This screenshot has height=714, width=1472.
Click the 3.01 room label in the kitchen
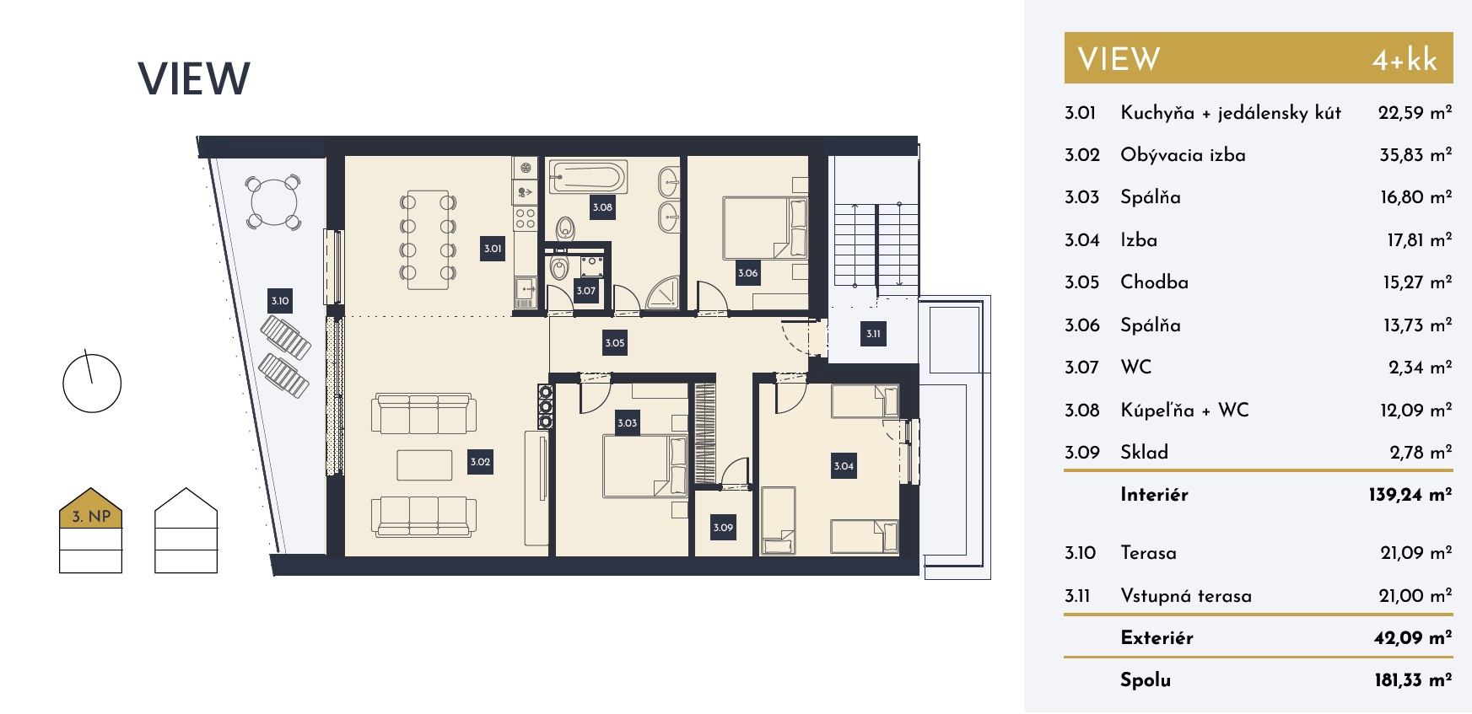(x=493, y=249)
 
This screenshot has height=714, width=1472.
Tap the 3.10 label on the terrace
(x=280, y=301)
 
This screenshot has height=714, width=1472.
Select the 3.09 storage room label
(x=723, y=528)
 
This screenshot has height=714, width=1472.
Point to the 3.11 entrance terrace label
(x=873, y=334)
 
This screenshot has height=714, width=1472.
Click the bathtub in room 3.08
(x=588, y=178)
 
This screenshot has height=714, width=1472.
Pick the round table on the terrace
(x=273, y=202)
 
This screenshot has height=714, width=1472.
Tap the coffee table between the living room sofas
(x=424, y=464)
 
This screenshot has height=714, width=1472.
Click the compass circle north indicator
(x=92, y=384)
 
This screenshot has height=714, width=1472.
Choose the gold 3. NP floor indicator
(x=91, y=508)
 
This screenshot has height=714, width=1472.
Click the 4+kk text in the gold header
(x=1404, y=60)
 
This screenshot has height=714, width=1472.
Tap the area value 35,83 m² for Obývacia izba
(x=1415, y=155)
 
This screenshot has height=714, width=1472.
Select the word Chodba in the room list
(x=1154, y=282)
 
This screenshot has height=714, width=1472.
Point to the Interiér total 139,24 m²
(x=1410, y=495)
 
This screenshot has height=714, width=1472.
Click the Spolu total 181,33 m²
(x=1413, y=680)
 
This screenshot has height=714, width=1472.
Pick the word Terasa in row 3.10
(x=1148, y=553)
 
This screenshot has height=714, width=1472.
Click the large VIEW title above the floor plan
(x=194, y=79)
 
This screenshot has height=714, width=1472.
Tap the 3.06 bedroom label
(x=747, y=273)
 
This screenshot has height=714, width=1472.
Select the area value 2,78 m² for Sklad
(x=1421, y=453)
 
